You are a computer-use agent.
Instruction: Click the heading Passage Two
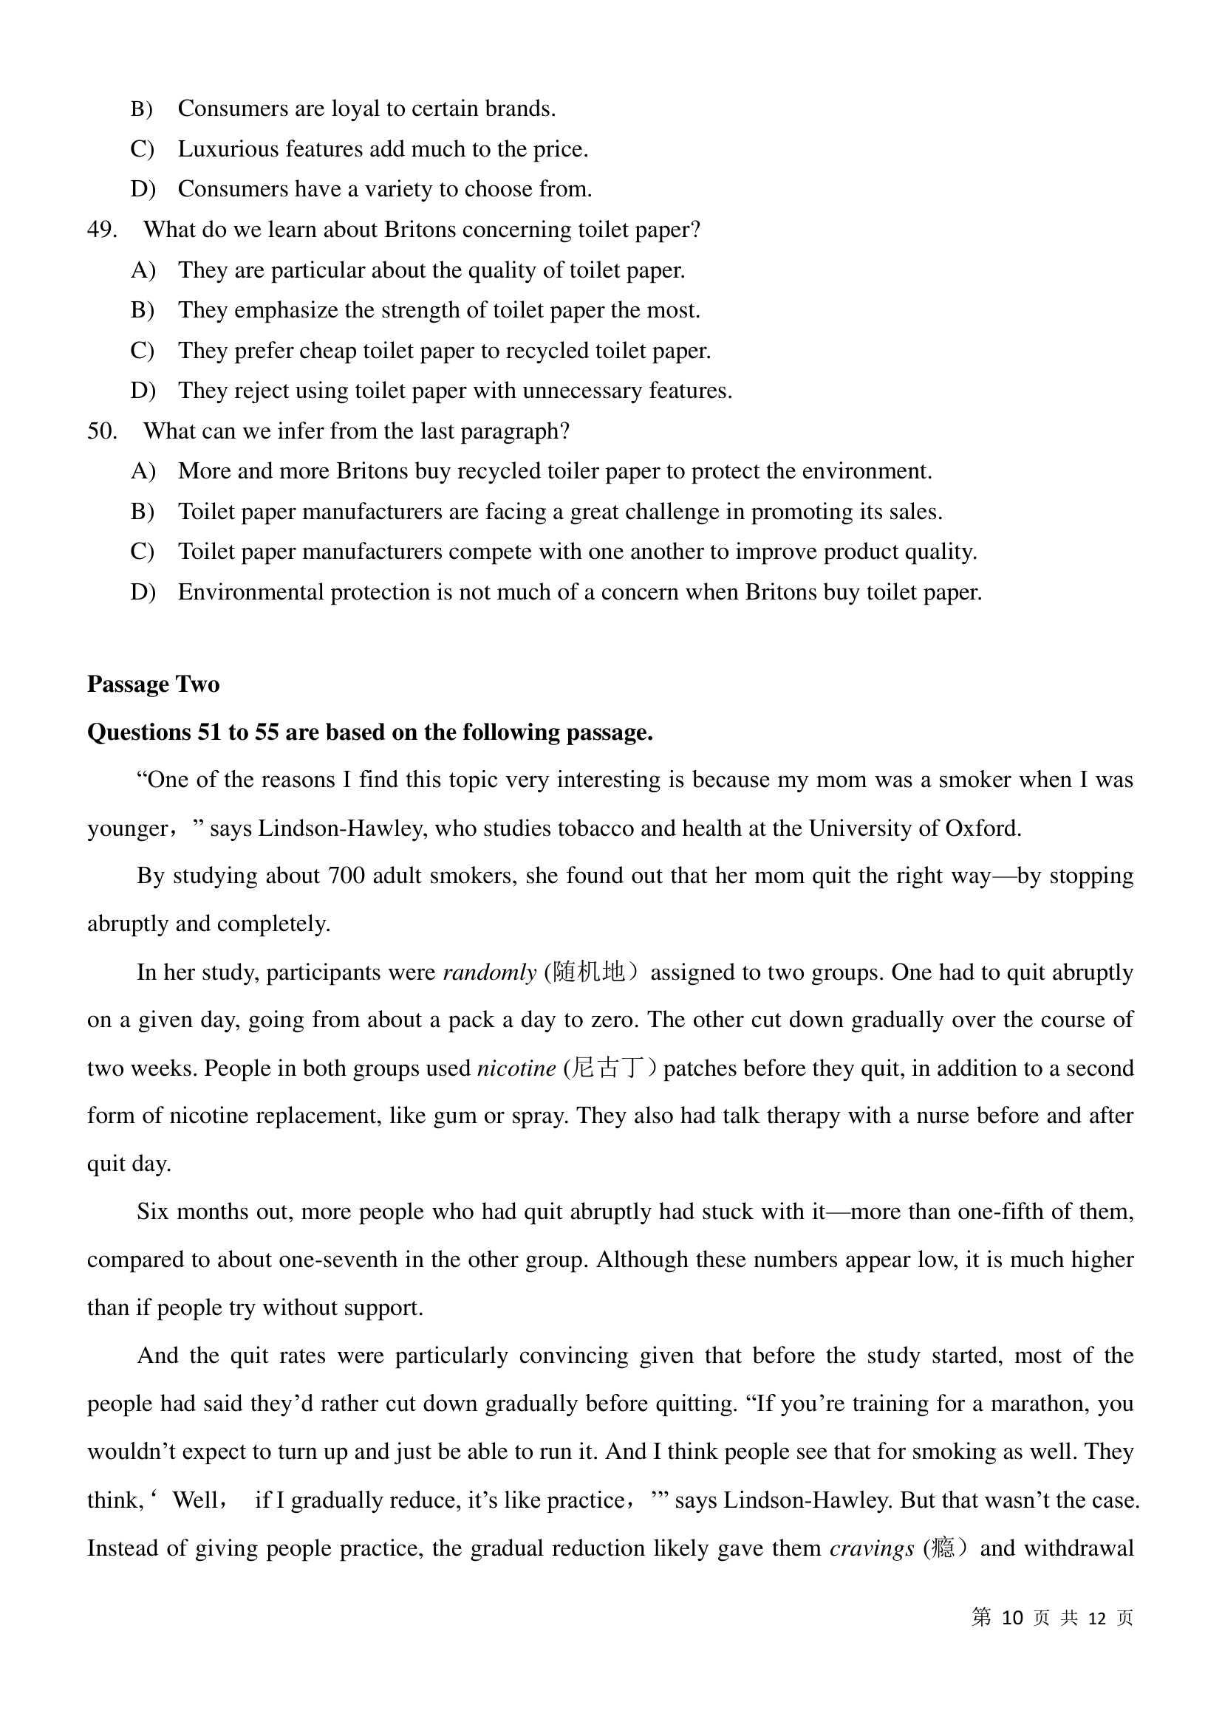(154, 684)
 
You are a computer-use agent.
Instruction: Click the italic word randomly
(489, 972)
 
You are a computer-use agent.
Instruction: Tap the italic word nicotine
(516, 1068)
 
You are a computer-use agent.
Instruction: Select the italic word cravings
(871, 1548)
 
